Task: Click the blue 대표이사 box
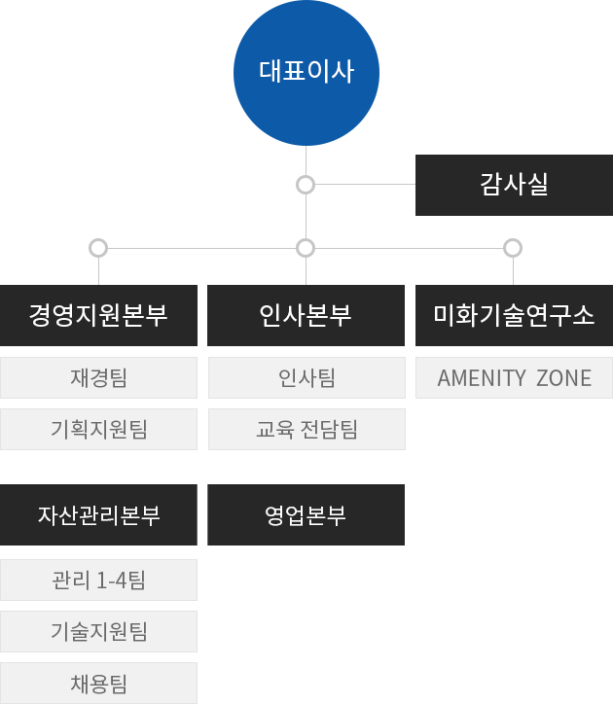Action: click(x=306, y=73)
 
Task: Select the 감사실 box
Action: click(x=513, y=185)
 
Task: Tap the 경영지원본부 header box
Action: click(x=98, y=315)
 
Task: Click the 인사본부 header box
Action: click(x=306, y=315)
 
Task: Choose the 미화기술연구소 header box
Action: click(x=514, y=315)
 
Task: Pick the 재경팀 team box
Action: click(x=98, y=378)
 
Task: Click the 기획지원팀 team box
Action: click(x=98, y=430)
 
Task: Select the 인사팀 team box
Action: click(x=306, y=378)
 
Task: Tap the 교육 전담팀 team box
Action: click(x=306, y=430)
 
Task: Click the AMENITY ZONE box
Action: click(x=514, y=378)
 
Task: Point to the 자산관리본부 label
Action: click(x=98, y=515)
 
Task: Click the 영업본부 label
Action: click(x=305, y=515)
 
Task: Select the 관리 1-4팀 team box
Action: click(x=98, y=581)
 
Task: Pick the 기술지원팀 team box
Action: click(x=98, y=632)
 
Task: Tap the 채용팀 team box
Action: click(x=98, y=684)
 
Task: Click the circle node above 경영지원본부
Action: click(x=97, y=248)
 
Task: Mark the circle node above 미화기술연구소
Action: click(x=513, y=248)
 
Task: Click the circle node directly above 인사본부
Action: click(x=306, y=248)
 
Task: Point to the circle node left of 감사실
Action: click(x=306, y=184)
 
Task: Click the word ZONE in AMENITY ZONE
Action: click(x=563, y=378)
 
